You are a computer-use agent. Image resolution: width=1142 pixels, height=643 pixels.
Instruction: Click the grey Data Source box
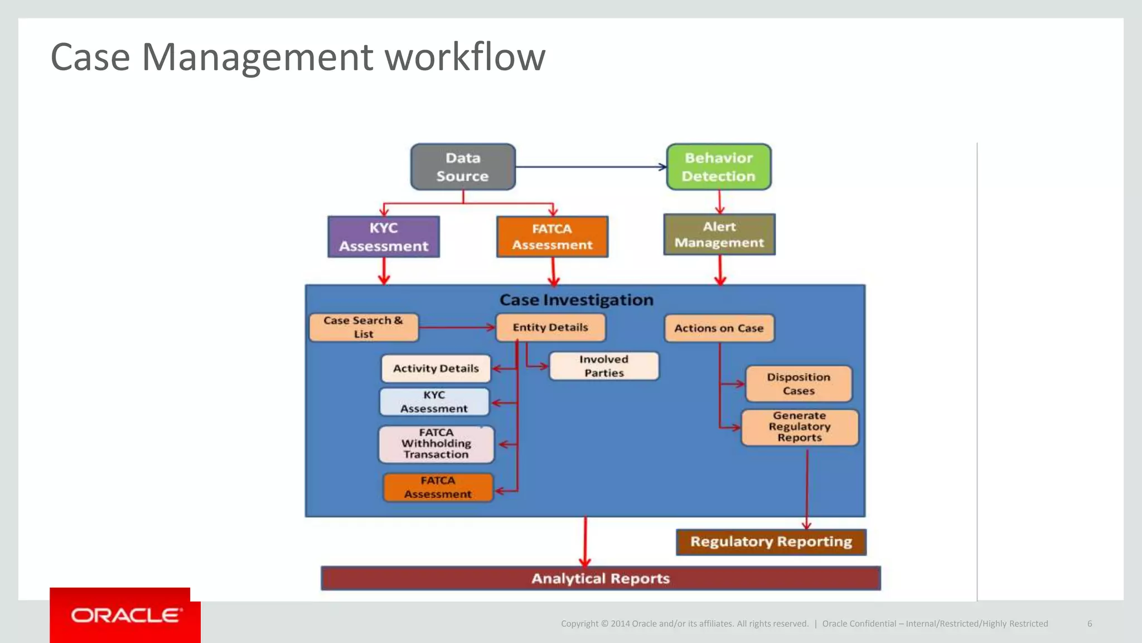pos(463,167)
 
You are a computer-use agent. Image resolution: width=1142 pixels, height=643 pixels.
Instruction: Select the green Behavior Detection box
pos(719,167)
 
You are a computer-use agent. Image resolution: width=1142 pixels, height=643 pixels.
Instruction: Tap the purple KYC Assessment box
pos(384,237)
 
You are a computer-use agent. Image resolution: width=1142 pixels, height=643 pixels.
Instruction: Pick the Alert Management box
pos(719,234)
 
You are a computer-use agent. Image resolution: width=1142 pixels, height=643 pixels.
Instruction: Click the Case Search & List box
pos(364,327)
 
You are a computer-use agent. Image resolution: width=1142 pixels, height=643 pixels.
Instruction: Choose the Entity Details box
pos(550,328)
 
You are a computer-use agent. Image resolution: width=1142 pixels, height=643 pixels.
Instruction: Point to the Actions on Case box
pos(719,328)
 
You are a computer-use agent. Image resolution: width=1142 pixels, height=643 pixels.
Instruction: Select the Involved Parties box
pos(604,366)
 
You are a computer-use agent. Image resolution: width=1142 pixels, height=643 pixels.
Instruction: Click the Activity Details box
pos(436,368)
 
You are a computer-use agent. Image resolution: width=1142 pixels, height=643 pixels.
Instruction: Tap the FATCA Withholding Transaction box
pos(436,444)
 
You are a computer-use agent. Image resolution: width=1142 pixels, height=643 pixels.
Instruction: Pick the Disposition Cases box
pos(799,384)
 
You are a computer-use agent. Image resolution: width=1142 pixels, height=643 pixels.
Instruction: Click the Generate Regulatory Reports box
pos(800,427)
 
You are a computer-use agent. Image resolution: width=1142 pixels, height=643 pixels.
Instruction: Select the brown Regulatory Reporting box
pos(771,542)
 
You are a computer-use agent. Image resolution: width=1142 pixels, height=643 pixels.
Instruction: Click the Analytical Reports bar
pos(601,578)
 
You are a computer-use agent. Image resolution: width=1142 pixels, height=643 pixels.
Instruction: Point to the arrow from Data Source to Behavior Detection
pos(591,167)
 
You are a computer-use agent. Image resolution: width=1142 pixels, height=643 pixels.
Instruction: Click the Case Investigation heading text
pos(576,300)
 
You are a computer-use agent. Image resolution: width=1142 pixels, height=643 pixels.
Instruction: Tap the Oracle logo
pos(126,615)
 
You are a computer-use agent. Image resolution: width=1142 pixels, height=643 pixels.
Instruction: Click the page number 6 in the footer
pos(1090,623)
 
